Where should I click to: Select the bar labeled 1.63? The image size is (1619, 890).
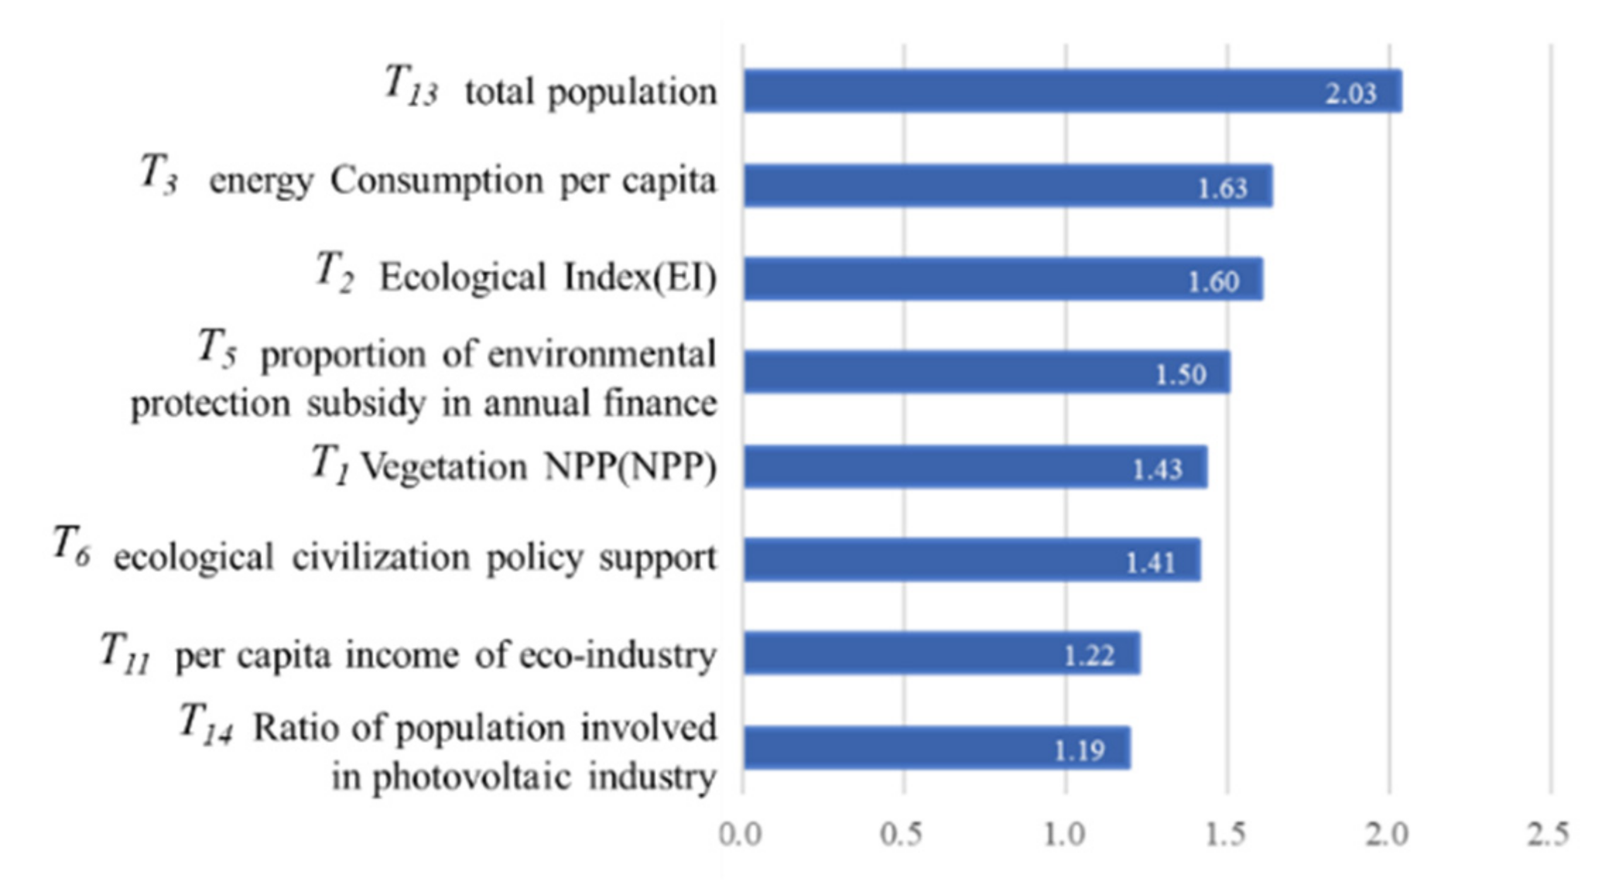[989, 186]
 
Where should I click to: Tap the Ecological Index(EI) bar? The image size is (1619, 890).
[989, 279]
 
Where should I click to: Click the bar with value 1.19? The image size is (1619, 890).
[918, 748]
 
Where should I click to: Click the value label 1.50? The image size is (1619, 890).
[1180, 374]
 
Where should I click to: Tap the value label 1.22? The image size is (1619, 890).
[1089, 656]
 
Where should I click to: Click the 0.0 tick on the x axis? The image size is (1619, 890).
[740, 835]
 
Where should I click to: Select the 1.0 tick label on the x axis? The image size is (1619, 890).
[1064, 835]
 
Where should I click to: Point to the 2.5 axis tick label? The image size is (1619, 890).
[1548, 835]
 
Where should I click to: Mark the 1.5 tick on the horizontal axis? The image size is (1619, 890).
[1226, 835]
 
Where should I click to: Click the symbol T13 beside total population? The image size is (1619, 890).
[410, 85]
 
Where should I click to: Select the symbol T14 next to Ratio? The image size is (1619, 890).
[205, 724]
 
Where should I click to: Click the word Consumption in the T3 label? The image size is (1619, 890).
[437, 181]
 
